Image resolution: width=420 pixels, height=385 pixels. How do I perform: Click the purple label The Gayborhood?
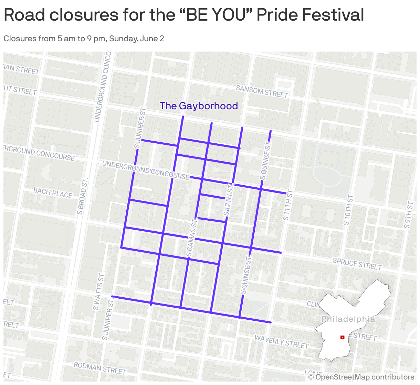pyautogui.click(x=199, y=106)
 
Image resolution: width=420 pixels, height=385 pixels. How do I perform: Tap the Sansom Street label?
pyautogui.click(x=262, y=91)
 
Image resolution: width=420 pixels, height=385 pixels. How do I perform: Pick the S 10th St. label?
pyautogui.click(x=348, y=209)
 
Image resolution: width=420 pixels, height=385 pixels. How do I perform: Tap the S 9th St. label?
pyautogui.click(x=409, y=214)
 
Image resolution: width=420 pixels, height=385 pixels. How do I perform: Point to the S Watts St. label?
pyautogui.click(x=98, y=291)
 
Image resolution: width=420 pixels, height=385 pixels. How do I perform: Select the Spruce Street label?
pyautogui.click(x=357, y=264)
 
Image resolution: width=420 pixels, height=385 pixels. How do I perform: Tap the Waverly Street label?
pyautogui.click(x=281, y=342)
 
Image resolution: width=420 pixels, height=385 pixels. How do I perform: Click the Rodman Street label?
pyautogui.click(x=100, y=368)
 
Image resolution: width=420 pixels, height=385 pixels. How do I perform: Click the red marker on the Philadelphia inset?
pyautogui.click(x=342, y=337)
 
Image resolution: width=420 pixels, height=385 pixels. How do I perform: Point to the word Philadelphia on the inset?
pyautogui.click(x=348, y=319)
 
